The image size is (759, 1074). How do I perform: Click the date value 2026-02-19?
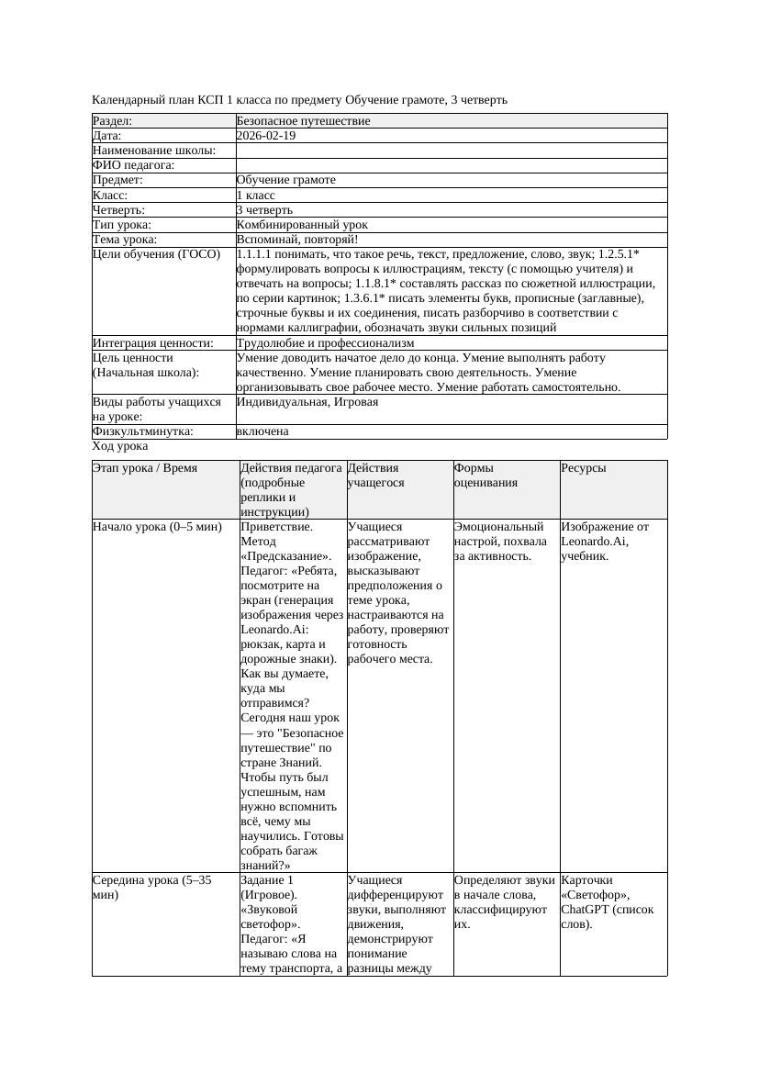(x=266, y=136)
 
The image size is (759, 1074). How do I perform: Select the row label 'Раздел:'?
(x=113, y=121)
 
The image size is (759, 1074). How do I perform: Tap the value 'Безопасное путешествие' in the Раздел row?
(x=303, y=121)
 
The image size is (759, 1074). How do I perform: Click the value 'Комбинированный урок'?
(x=302, y=225)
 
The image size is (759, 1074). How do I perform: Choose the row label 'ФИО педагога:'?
(x=134, y=165)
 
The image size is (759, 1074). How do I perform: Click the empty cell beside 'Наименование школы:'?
(x=450, y=151)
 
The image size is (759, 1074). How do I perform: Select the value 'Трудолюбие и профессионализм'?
(x=325, y=343)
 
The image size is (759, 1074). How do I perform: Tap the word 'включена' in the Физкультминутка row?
(x=262, y=431)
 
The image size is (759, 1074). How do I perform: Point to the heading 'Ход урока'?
(x=120, y=446)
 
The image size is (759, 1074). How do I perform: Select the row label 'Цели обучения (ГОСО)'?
(x=157, y=254)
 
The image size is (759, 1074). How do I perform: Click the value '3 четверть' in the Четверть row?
(x=265, y=210)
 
